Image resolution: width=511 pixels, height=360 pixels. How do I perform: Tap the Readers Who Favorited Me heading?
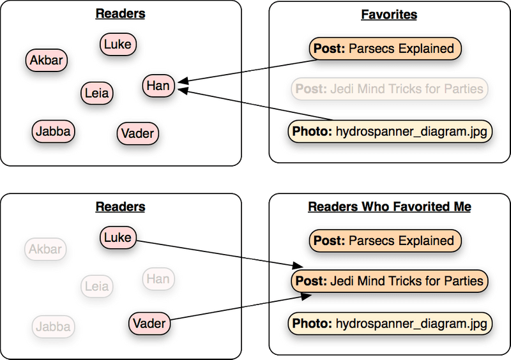coord(389,206)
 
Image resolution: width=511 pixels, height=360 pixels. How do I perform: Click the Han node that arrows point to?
coord(158,86)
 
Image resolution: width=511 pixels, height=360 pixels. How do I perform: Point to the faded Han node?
coord(158,278)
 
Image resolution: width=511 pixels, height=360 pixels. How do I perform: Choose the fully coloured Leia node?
coord(97,94)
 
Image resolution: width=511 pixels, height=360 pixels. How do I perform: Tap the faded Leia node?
coord(97,287)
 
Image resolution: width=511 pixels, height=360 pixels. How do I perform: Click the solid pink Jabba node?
coord(54,131)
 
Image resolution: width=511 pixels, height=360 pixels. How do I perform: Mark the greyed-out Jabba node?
coord(54,327)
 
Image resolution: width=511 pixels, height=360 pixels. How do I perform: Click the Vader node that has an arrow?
coord(149,324)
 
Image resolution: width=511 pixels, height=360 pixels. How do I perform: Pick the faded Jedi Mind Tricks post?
coord(389,88)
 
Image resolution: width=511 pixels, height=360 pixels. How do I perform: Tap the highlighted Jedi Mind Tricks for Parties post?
coord(389,280)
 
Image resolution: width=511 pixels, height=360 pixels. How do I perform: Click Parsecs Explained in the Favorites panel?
coord(385,49)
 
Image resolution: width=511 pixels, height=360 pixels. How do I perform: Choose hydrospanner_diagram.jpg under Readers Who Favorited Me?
coord(390,324)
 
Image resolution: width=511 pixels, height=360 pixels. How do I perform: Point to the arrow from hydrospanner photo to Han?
coord(256,105)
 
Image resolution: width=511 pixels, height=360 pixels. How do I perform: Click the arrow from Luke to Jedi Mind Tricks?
coord(217,252)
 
